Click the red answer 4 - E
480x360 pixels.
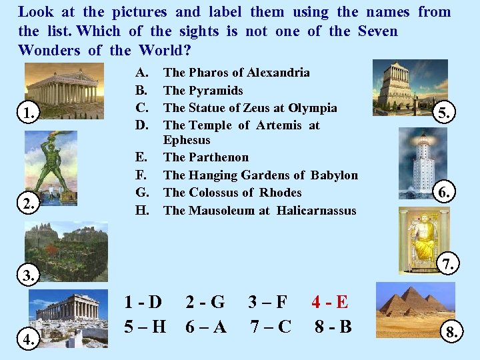(x=329, y=302)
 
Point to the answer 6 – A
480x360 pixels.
(x=207, y=327)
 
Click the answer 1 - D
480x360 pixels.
(x=143, y=302)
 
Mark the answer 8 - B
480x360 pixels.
(x=333, y=327)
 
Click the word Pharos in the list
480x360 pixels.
(x=208, y=72)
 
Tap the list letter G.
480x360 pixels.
(x=142, y=193)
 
